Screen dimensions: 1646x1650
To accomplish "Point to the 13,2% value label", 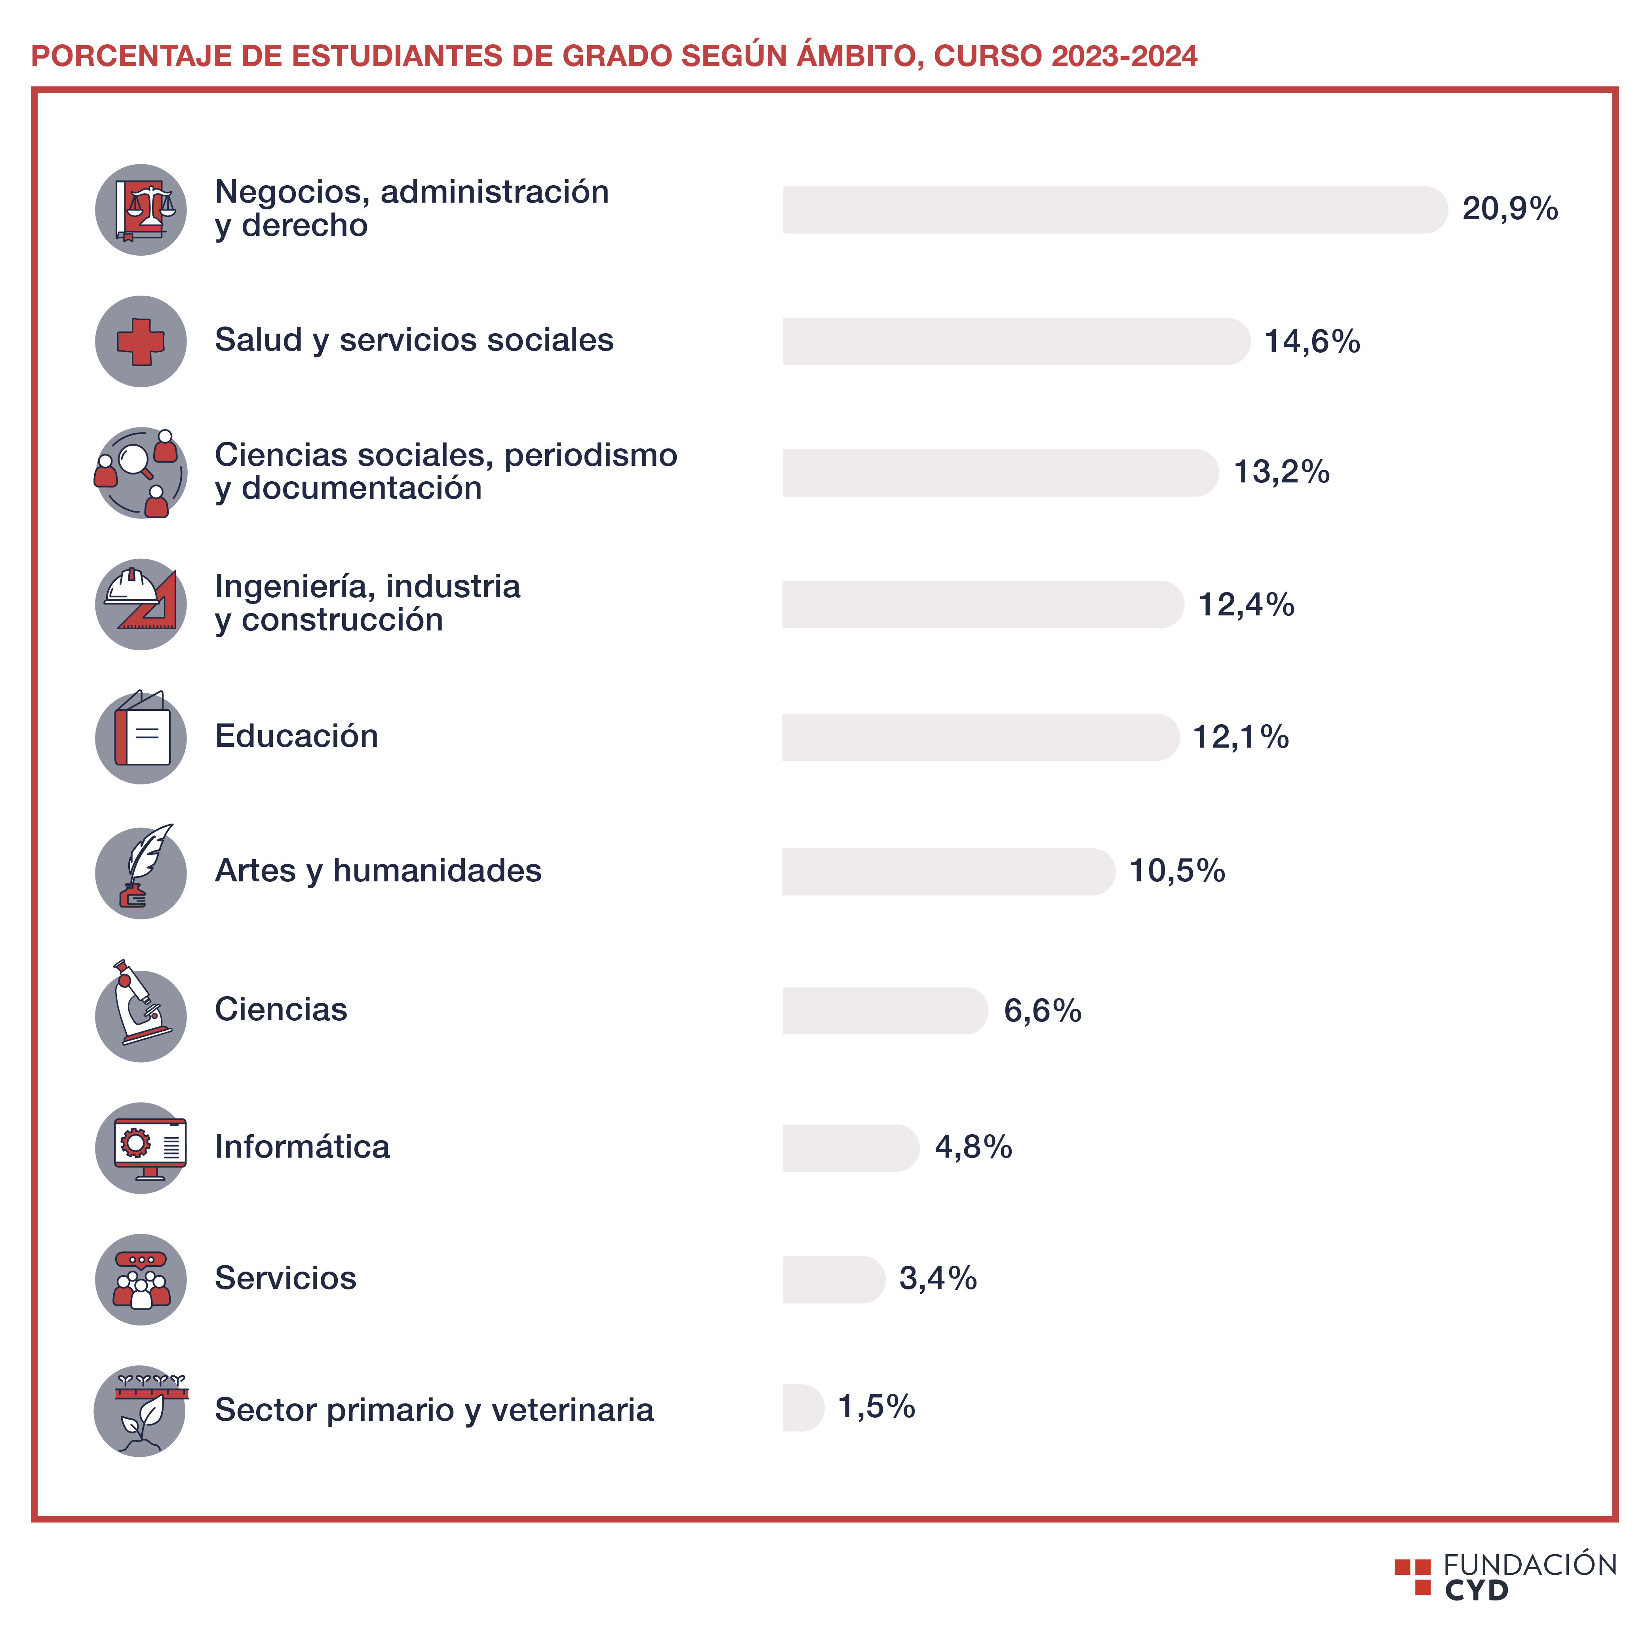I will point(1281,472).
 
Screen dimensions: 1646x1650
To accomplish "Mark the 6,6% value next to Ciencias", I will point(1042,1011).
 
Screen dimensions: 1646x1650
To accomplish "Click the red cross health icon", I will point(141,342).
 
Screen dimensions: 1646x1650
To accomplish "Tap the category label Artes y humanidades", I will point(377,871).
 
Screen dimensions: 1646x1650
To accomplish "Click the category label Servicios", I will point(285,1278).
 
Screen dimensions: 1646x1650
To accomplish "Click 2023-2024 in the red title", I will point(1124,56).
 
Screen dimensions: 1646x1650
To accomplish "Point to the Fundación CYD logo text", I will point(1529,1577).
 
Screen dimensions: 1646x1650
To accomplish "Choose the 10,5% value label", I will point(1177,871).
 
